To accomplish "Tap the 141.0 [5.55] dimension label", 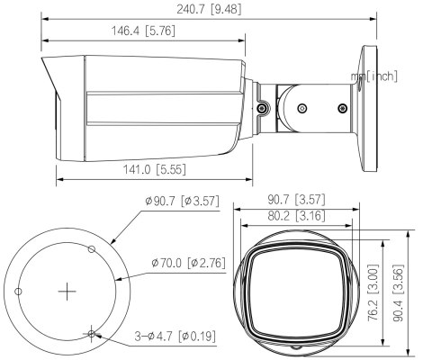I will click(x=151, y=169).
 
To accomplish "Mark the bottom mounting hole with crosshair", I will click(x=92, y=333).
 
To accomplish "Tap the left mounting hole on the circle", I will click(x=18, y=291).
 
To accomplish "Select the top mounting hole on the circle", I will click(x=90, y=247).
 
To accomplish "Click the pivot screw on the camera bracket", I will click(x=260, y=108).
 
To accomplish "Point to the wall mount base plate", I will click(x=366, y=108).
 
